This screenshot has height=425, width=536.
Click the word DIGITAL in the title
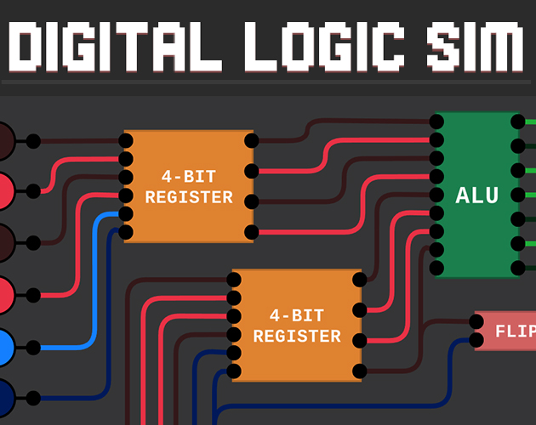(x=115, y=47)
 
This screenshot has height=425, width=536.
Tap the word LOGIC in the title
(x=324, y=47)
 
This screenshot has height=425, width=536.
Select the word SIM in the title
(x=475, y=47)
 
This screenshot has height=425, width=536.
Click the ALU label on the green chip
(x=476, y=195)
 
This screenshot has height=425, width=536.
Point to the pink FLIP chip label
(x=516, y=331)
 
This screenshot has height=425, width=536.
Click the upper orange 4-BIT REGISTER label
(x=189, y=187)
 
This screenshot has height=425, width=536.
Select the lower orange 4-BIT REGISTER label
(x=297, y=326)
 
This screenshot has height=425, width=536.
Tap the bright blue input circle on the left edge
(x=5, y=347)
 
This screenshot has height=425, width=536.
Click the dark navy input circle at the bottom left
(x=5, y=398)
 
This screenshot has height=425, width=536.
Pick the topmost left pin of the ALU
(x=436, y=122)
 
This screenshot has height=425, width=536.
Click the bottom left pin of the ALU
(x=436, y=268)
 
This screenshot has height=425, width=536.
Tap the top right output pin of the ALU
(x=518, y=122)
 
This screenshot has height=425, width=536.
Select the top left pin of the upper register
(x=126, y=140)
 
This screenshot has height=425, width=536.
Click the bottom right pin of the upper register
(x=252, y=232)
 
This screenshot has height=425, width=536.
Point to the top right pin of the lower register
(x=360, y=280)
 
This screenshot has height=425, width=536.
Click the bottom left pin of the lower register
(x=234, y=371)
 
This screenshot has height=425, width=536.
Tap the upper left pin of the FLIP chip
(x=476, y=322)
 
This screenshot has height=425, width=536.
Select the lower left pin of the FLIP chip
(x=476, y=340)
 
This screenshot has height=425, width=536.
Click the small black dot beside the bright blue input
(x=33, y=348)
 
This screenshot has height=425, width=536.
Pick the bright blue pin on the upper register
(x=126, y=214)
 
